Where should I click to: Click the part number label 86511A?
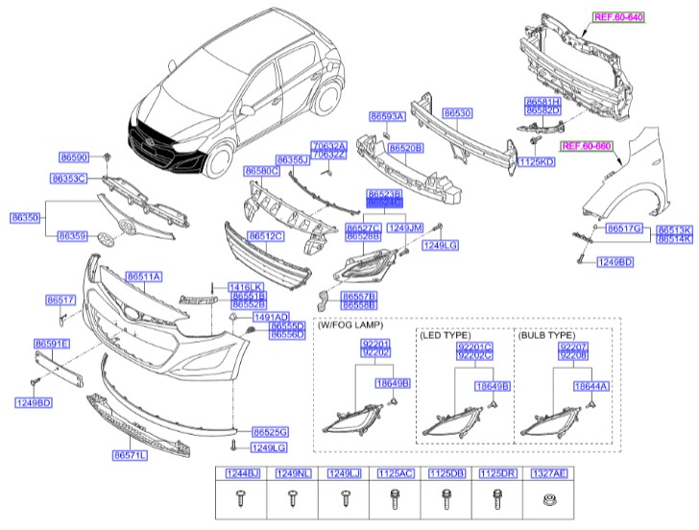[x=142, y=277]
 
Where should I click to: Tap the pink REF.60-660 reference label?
[x=587, y=146]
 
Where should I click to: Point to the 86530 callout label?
[x=456, y=113]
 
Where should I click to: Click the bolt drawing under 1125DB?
[x=444, y=500]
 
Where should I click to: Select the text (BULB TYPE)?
[x=549, y=336]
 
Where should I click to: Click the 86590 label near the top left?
[x=74, y=156]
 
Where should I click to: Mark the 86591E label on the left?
[x=51, y=343]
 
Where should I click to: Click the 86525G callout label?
[x=270, y=432]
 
